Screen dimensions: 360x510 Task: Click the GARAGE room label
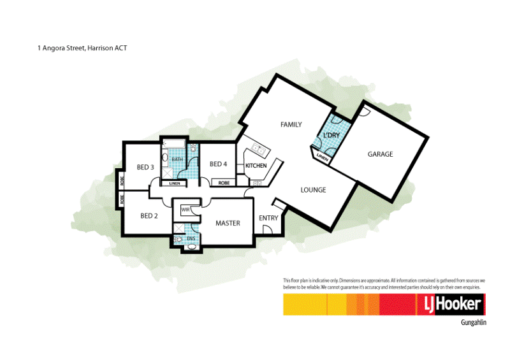380,154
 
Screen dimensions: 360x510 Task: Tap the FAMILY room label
291,125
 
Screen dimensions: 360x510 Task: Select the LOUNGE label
313,190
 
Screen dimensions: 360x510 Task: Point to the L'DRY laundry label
331,136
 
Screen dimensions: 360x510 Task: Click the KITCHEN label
256,166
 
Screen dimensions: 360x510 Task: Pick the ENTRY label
268,219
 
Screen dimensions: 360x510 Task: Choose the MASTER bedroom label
228,223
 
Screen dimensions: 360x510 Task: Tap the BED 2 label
149,216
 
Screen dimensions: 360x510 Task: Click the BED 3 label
145,168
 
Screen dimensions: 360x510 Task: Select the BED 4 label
218,164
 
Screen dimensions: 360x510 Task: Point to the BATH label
177,159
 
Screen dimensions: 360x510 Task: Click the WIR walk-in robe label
186,209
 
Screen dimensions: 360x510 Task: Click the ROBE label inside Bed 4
224,184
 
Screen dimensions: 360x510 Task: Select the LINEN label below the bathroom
174,184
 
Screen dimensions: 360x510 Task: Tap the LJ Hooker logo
452,305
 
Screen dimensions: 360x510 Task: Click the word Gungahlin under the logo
473,323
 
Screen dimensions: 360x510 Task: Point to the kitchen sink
259,149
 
